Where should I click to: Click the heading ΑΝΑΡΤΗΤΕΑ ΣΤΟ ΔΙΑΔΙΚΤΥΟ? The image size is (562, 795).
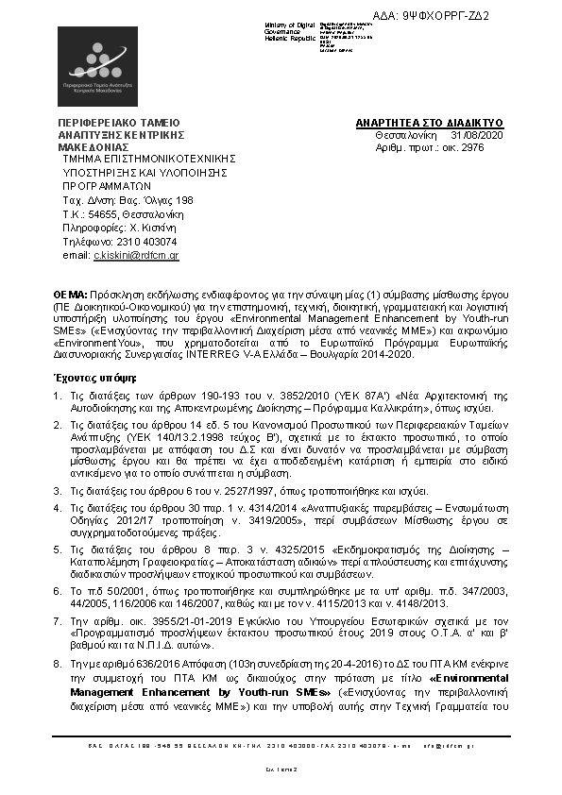tap(429, 123)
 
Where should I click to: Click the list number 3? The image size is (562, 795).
tap(57, 490)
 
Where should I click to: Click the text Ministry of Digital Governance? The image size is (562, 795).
tap(292, 26)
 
